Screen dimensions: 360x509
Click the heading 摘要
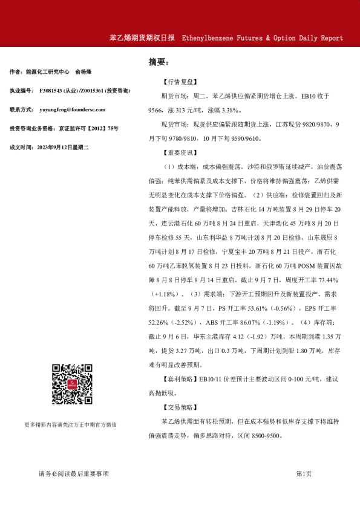click(x=159, y=62)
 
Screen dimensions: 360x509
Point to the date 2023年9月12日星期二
click(x=62, y=147)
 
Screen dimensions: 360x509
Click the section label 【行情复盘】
click(x=180, y=81)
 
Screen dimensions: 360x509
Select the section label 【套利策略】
click(x=180, y=379)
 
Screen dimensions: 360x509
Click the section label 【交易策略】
click(x=180, y=407)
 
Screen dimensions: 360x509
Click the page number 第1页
click(x=304, y=473)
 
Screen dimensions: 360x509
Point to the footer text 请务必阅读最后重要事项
click(x=73, y=473)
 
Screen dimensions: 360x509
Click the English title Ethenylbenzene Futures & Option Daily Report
click(x=262, y=37)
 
